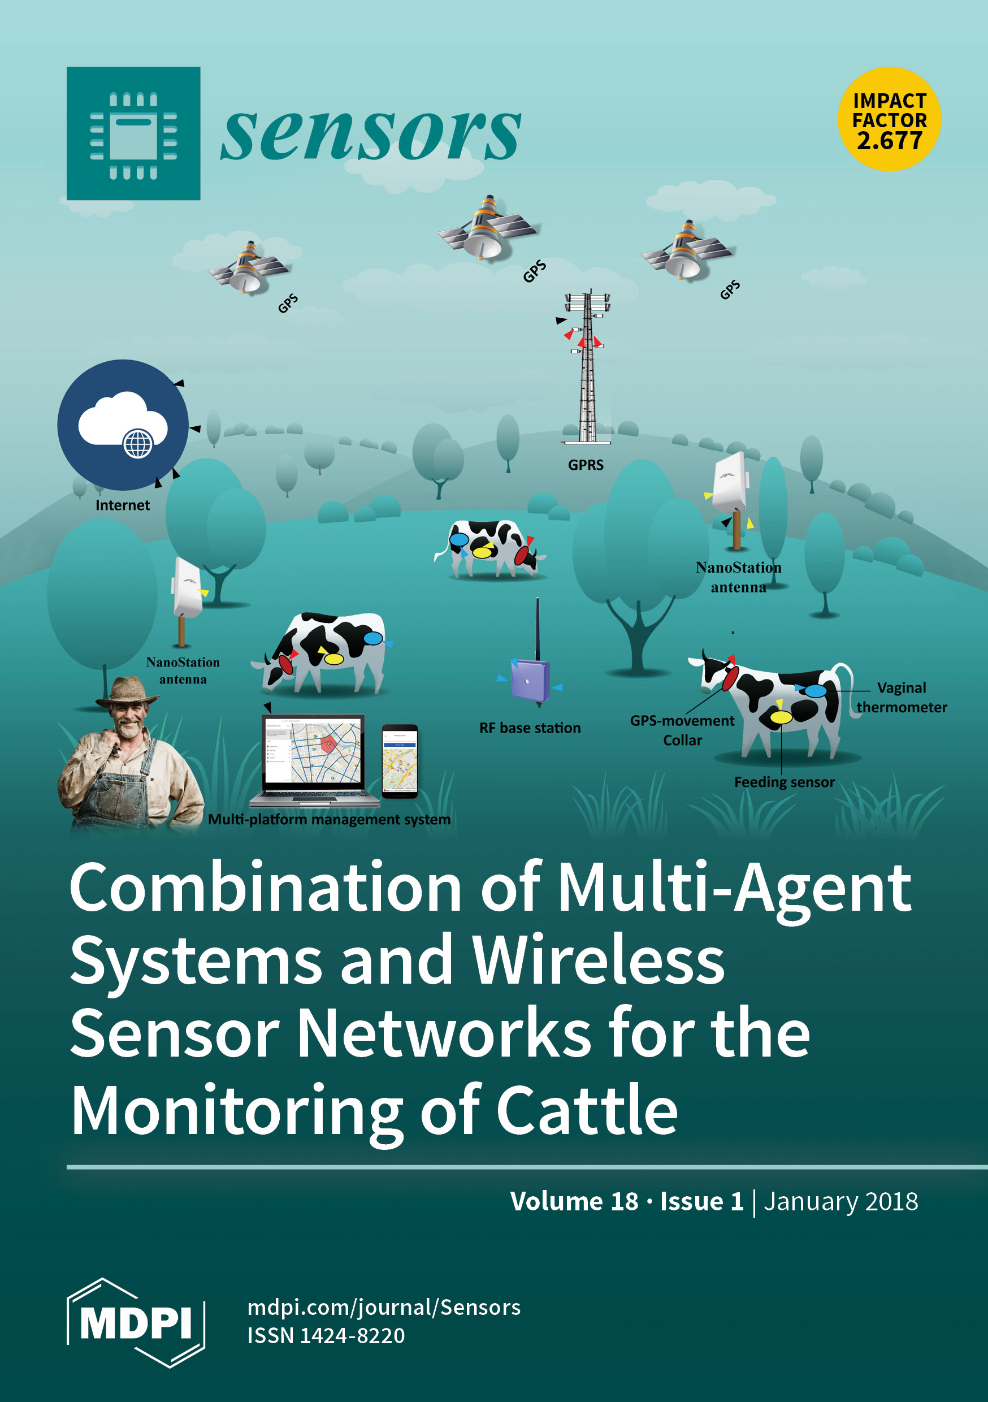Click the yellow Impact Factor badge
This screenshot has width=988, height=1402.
(889, 119)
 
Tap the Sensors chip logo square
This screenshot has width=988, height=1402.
(133, 133)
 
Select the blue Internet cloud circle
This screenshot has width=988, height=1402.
(123, 425)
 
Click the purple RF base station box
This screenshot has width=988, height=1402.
(531, 681)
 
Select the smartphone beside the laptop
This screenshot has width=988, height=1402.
(400, 761)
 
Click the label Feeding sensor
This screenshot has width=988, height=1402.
(784, 782)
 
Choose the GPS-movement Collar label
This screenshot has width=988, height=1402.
(682, 730)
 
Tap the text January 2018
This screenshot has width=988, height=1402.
(841, 1201)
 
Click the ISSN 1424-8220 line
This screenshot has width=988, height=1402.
(326, 1335)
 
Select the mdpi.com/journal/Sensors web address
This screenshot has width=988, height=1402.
(383, 1308)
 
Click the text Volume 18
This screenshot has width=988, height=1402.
(574, 1201)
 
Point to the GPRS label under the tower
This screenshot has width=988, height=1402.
(586, 465)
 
